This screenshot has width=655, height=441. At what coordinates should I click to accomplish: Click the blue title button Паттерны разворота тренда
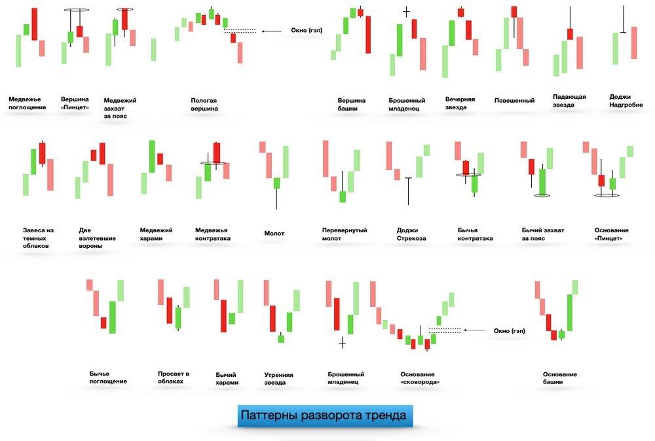tap(324, 415)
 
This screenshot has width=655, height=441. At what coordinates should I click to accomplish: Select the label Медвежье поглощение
tap(28, 103)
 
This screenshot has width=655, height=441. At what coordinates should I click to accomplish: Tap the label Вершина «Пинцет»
tap(75, 103)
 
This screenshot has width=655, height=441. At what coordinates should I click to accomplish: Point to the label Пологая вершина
tap(204, 105)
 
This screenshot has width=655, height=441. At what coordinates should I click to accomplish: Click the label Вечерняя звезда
tap(460, 103)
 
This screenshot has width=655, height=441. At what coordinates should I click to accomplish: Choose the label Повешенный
tap(514, 101)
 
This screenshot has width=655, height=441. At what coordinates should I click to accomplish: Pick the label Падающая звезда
tap(569, 101)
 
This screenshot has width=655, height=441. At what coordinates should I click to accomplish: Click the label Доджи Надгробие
tap(626, 101)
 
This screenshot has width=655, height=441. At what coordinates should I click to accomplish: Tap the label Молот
tap(274, 234)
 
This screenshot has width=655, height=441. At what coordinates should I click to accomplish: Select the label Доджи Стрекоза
tap(411, 234)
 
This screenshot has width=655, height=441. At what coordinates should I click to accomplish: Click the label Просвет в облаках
tap(174, 378)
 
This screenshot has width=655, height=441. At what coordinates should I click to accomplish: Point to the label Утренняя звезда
tap(278, 379)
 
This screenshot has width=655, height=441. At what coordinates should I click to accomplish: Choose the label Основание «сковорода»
tap(420, 378)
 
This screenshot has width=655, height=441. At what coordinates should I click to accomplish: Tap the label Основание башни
tap(560, 378)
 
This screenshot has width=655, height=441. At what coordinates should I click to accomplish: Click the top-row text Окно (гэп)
tap(307, 31)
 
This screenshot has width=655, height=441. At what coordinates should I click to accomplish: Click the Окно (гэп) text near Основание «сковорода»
tap(510, 331)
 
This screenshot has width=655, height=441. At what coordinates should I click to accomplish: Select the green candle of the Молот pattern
tap(276, 183)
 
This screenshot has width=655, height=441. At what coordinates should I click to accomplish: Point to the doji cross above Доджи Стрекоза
tap(409, 178)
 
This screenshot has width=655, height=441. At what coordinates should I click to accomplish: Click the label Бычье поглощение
tap(108, 377)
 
